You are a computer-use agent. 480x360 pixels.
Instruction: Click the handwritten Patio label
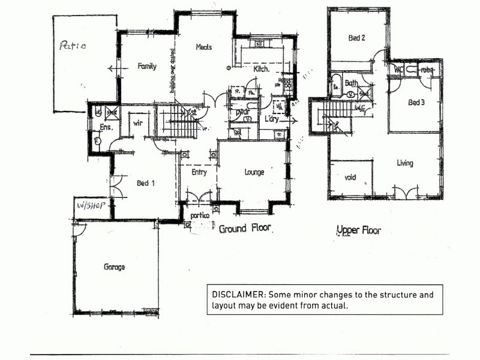coord(72,45)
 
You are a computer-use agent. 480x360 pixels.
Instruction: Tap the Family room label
coord(146,67)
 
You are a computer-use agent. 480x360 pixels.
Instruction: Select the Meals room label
coord(203,47)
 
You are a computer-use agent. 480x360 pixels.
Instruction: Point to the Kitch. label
coord(262,70)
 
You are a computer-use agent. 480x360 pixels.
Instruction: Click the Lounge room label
coord(254,172)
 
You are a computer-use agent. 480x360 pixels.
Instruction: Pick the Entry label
coord(199,173)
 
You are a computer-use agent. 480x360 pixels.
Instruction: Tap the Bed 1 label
coord(146,183)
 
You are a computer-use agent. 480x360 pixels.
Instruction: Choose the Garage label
coord(114,267)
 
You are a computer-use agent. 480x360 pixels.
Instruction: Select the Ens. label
coord(106,128)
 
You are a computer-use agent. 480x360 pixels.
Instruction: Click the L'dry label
coord(274,118)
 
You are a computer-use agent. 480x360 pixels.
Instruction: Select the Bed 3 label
coord(416,103)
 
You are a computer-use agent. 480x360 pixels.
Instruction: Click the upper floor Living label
coord(405,163)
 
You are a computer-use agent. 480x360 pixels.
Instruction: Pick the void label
coord(350,178)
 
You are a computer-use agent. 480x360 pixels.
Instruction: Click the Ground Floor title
coord(245,229)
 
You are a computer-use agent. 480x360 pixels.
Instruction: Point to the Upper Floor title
coord(358,230)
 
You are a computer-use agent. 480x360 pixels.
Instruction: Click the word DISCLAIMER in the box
coord(238,295)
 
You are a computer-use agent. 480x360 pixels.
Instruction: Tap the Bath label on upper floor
coord(351,83)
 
